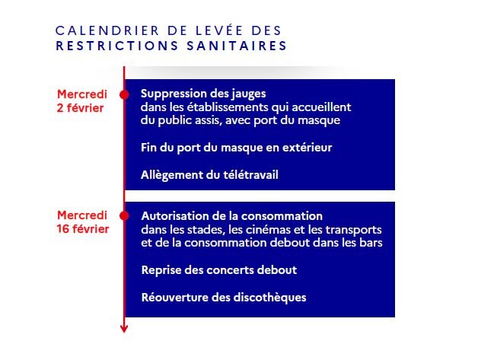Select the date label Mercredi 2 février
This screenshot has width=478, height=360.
coord(81,100)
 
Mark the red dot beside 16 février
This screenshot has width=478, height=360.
coord(125,215)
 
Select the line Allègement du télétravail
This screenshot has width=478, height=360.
coord(209,175)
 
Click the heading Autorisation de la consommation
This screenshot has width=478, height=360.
coord(232,216)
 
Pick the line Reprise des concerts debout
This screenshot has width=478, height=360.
coord(218,269)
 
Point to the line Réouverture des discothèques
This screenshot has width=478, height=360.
coord(224,297)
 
